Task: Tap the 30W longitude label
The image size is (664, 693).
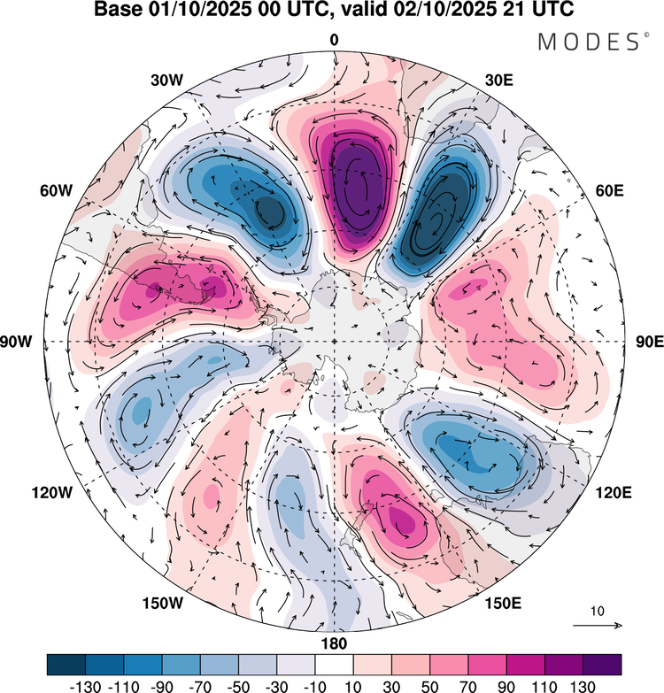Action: click(166, 81)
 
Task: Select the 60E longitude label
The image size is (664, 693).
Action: click(610, 191)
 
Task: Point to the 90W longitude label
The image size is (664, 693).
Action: click(16, 342)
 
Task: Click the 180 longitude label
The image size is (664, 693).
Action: click(334, 643)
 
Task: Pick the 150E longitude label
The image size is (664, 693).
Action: click(503, 604)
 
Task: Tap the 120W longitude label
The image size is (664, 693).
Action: click(51, 492)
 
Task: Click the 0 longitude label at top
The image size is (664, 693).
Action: click(334, 40)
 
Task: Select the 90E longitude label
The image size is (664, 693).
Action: click(650, 342)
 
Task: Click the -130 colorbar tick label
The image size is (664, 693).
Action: click(85, 686)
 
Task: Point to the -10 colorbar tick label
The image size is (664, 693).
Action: click(315, 686)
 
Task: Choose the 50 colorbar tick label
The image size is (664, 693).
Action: click(429, 686)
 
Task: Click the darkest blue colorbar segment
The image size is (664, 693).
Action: click(66, 665)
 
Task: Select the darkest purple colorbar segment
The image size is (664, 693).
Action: click(602, 665)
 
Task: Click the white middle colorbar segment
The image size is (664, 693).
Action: click(334, 665)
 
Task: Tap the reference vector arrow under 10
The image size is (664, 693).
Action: click(598, 625)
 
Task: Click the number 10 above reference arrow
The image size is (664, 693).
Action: click(598, 612)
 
